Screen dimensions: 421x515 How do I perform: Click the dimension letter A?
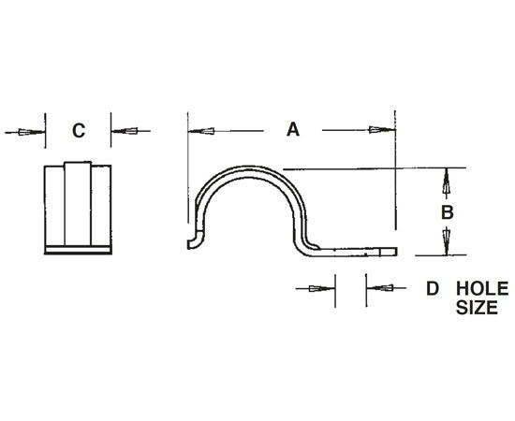292,131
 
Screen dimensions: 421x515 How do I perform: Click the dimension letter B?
447,212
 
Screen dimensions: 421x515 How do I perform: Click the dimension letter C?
79,131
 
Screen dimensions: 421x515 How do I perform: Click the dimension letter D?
432,289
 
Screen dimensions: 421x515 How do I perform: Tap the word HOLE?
481,289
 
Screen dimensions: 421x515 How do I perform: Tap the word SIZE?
478,307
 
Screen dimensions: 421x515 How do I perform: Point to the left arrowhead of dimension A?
199,131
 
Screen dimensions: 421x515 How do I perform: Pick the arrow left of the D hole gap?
321,289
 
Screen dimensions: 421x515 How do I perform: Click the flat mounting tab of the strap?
360,252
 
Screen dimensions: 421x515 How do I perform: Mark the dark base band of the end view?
79,248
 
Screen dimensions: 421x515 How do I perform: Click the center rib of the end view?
79,206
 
